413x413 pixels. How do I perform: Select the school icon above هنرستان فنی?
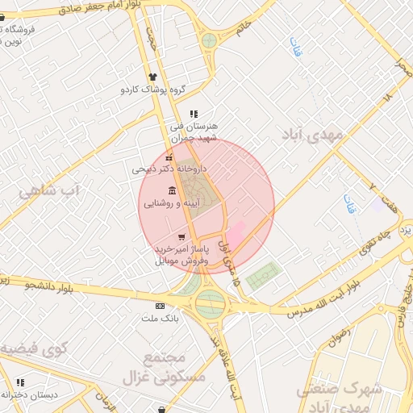click(x=193, y=115)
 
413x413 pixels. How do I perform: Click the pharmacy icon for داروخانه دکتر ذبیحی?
click(x=169, y=157)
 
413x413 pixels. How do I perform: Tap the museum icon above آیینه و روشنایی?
click(x=173, y=191)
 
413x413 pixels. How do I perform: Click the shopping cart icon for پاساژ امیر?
click(x=181, y=237)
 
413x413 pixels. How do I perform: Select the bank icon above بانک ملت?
click(x=160, y=307)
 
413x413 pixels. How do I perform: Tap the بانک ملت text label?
click(x=159, y=319)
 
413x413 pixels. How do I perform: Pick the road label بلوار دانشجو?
click(x=48, y=285)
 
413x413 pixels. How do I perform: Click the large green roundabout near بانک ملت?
click(x=210, y=304)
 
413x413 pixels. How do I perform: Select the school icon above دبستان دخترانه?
click(x=20, y=382)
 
